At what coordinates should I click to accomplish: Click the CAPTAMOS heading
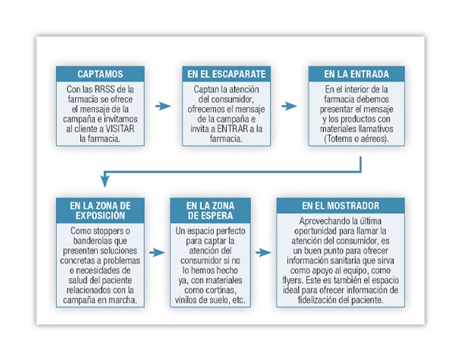[100, 74]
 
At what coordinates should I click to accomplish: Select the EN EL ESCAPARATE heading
[226, 74]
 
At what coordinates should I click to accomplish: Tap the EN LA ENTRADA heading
[357, 74]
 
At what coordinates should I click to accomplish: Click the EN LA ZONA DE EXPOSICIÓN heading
[100, 211]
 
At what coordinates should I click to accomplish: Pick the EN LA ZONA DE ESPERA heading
[210, 211]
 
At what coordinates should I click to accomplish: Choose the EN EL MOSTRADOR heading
[341, 206]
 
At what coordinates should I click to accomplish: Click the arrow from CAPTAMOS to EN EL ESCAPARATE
[163, 106]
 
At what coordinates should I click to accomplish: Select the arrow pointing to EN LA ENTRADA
[289, 106]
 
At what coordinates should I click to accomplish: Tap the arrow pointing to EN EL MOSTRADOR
[263, 252]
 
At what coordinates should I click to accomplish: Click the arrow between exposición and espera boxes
[157, 252]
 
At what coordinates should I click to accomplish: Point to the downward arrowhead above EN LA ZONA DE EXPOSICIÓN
[104, 181]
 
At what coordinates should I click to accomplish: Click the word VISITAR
[120, 129]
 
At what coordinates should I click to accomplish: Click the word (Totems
[337, 139]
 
